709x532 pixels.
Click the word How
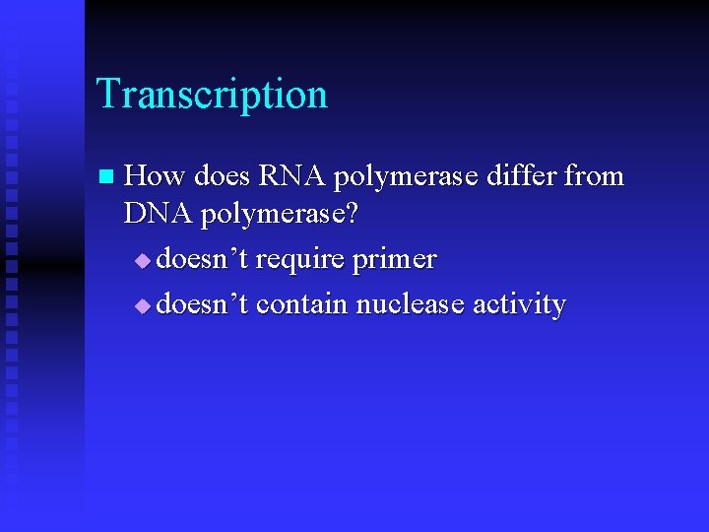point(157,176)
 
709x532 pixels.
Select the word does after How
point(223,176)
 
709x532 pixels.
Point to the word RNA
point(292,176)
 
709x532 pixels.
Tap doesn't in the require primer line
point(203,260)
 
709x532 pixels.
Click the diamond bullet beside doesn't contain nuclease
point(145,306)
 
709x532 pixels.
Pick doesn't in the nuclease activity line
point(203,304)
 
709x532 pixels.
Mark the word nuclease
point(410,304)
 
